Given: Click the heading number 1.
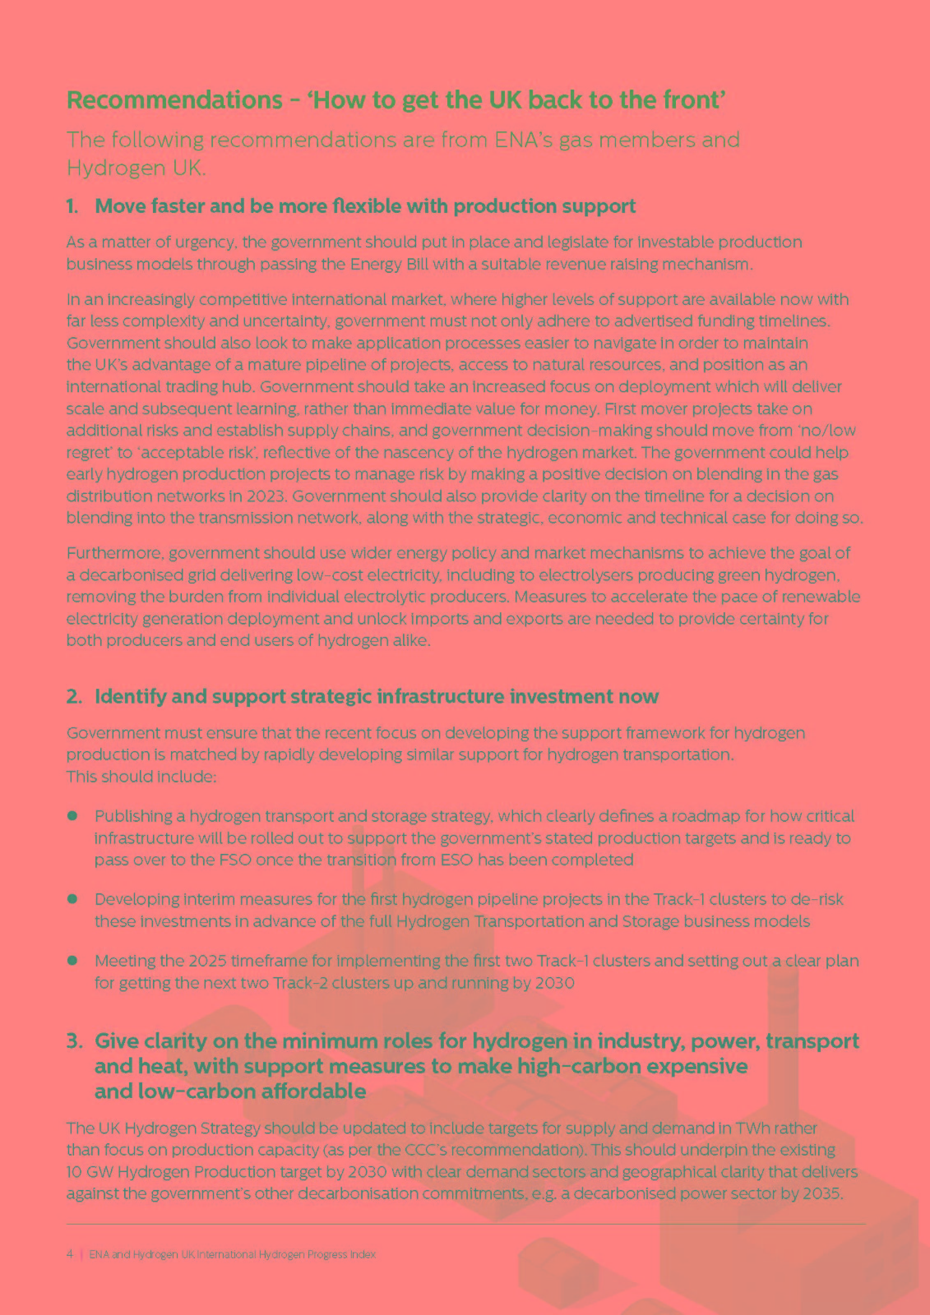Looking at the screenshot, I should point(72,206).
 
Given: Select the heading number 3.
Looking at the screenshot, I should point(74,1041).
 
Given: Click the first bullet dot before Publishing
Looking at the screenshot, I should point(72,816).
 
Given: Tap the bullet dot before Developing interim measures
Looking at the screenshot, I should point(72,899).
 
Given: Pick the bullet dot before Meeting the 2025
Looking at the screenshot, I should point(72,960).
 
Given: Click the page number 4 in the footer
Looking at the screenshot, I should point(69,1255).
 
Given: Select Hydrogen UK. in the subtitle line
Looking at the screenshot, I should point(136,168).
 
